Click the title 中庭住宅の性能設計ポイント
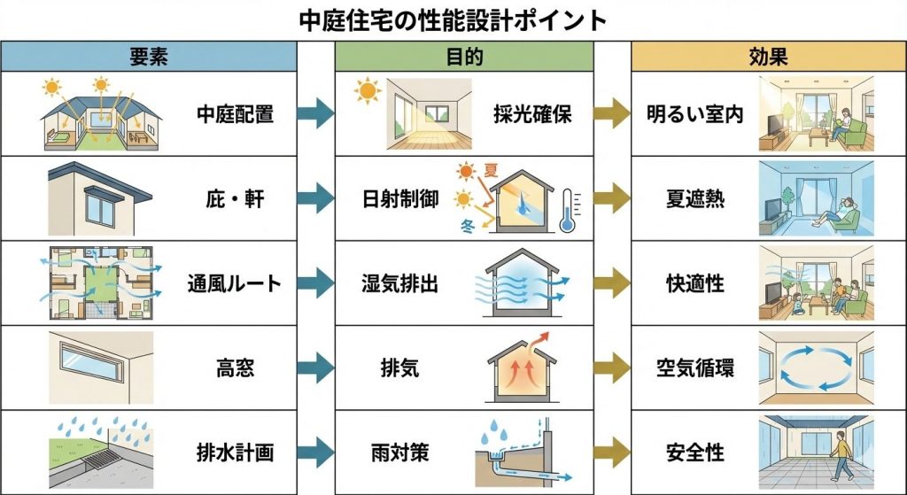click(453, 19)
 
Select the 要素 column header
click(148, 58)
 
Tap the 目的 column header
click(464, 58)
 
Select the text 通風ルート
click(234, 284)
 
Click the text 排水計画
click(234, 453)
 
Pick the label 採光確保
click(532, 115)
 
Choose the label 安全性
click(694, 453)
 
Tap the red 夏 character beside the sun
click(491, 167)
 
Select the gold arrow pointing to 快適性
click(612, 284)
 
